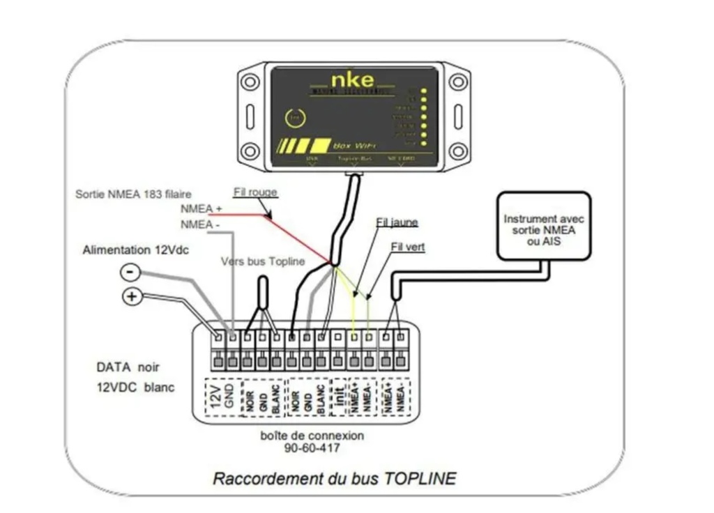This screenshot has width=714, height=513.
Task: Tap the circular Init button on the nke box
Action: (295, 118)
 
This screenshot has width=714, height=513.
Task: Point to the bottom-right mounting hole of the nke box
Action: (458, 151)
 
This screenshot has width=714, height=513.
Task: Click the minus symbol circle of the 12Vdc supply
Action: (130, 272)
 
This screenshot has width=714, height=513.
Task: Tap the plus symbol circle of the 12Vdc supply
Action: (131, 296)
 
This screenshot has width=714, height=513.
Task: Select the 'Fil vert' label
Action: (409, 246)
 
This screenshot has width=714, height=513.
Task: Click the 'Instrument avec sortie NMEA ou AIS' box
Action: (543, 227)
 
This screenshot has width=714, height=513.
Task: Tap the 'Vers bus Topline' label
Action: (263, 261)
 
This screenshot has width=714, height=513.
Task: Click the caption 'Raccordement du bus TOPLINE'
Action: (335, 479)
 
